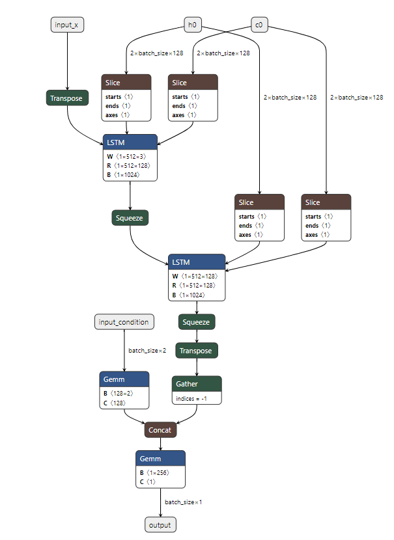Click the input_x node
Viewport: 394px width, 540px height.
68,25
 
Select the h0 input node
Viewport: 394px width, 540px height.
192,25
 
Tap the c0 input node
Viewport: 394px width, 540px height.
259,25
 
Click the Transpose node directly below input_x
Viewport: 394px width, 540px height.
68,98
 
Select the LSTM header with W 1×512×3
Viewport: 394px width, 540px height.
130,142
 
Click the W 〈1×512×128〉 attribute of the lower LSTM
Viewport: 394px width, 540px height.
194,276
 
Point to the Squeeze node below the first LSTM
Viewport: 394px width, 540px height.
130,218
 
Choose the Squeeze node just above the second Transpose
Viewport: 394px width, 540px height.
196,321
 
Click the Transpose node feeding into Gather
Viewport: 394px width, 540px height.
196,351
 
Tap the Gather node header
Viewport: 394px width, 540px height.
196,384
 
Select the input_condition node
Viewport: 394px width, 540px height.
124,322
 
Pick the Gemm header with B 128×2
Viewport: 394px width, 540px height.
124,379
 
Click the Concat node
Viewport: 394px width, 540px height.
160,430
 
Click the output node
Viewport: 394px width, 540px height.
160,524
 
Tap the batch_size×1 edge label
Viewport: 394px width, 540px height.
183,502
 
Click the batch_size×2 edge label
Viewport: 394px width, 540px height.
147,351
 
